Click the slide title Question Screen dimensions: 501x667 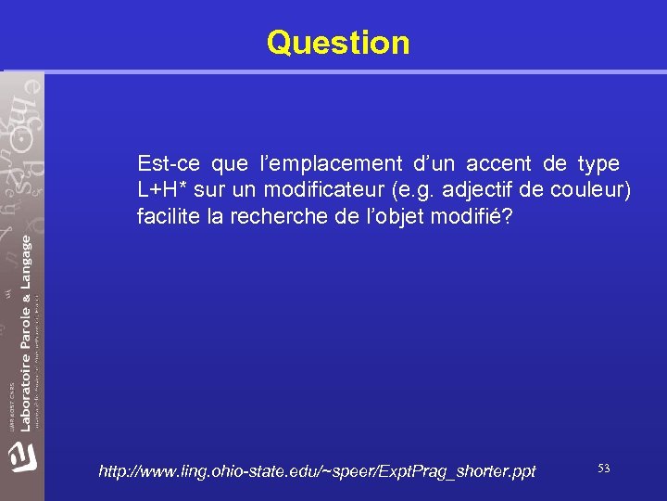coord(337,43)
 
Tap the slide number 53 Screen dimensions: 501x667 coord(603,469)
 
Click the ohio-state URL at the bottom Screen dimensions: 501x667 coord(317,471)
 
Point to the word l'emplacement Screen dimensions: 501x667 coord(314,164)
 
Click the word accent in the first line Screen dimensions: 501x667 coord(498,164)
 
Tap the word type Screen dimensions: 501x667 coord(598,164)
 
